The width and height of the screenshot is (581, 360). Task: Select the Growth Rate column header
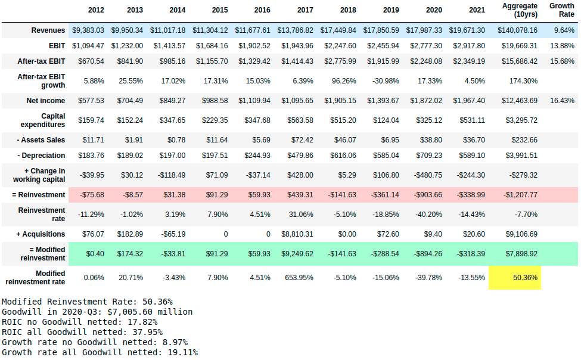coord(561,10)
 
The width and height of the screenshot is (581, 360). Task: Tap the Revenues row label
coord(48,30)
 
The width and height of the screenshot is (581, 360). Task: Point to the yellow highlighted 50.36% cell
coord(514,278)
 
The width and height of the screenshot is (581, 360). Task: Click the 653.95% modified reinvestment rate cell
coord(306,278)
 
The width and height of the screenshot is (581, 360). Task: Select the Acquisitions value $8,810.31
coord(305,234)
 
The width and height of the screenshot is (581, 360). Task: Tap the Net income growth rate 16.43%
coord(562,101)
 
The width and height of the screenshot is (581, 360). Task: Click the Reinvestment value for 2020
coord(425,195)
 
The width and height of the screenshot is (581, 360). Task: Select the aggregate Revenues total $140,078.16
coord(515,30)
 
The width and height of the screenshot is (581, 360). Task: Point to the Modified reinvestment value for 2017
coord(305,254)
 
